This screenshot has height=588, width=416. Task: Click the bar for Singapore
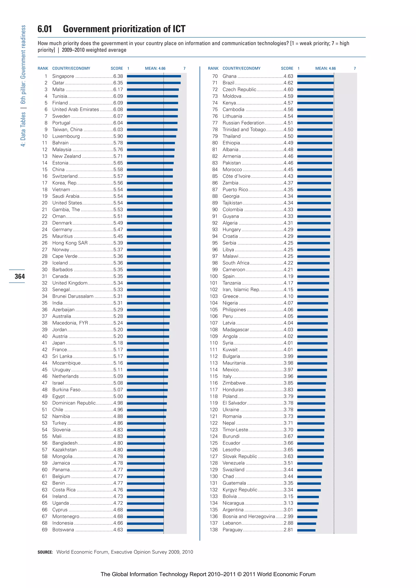click(x=154, y=76)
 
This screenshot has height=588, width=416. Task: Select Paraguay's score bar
click(x=306, y=530)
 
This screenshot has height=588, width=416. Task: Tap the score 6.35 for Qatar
click(x=118, y=83)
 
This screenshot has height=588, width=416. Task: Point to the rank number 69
click(x=45, y=530)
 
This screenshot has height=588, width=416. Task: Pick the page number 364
click(x=20, y=276)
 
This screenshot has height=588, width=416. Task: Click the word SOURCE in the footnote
click(x=45, y=552)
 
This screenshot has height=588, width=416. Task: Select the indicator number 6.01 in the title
click(x=45, y=29)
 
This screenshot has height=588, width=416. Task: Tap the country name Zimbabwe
click(x=234, y=383)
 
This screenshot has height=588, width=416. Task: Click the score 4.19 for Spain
click(x=288, y=276)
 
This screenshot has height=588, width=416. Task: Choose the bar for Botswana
click(x=145, y=530)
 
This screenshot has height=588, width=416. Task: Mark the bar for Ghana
click(x=315, y=76)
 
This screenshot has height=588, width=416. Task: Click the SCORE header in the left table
click(x=117, y=68)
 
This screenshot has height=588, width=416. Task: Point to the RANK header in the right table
click(x=213, y=68)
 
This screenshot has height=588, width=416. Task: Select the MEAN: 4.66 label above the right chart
click(x=325, y=68)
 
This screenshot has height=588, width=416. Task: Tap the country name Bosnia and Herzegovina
click(x=249, y=516)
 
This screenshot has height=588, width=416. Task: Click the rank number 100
click(x=213, y=276)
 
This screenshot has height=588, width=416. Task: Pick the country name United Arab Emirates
click(x=76, y=109)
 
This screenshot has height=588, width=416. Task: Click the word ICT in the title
click(x=179, y=29)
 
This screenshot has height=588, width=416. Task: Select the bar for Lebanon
click(x=307, y=523)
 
